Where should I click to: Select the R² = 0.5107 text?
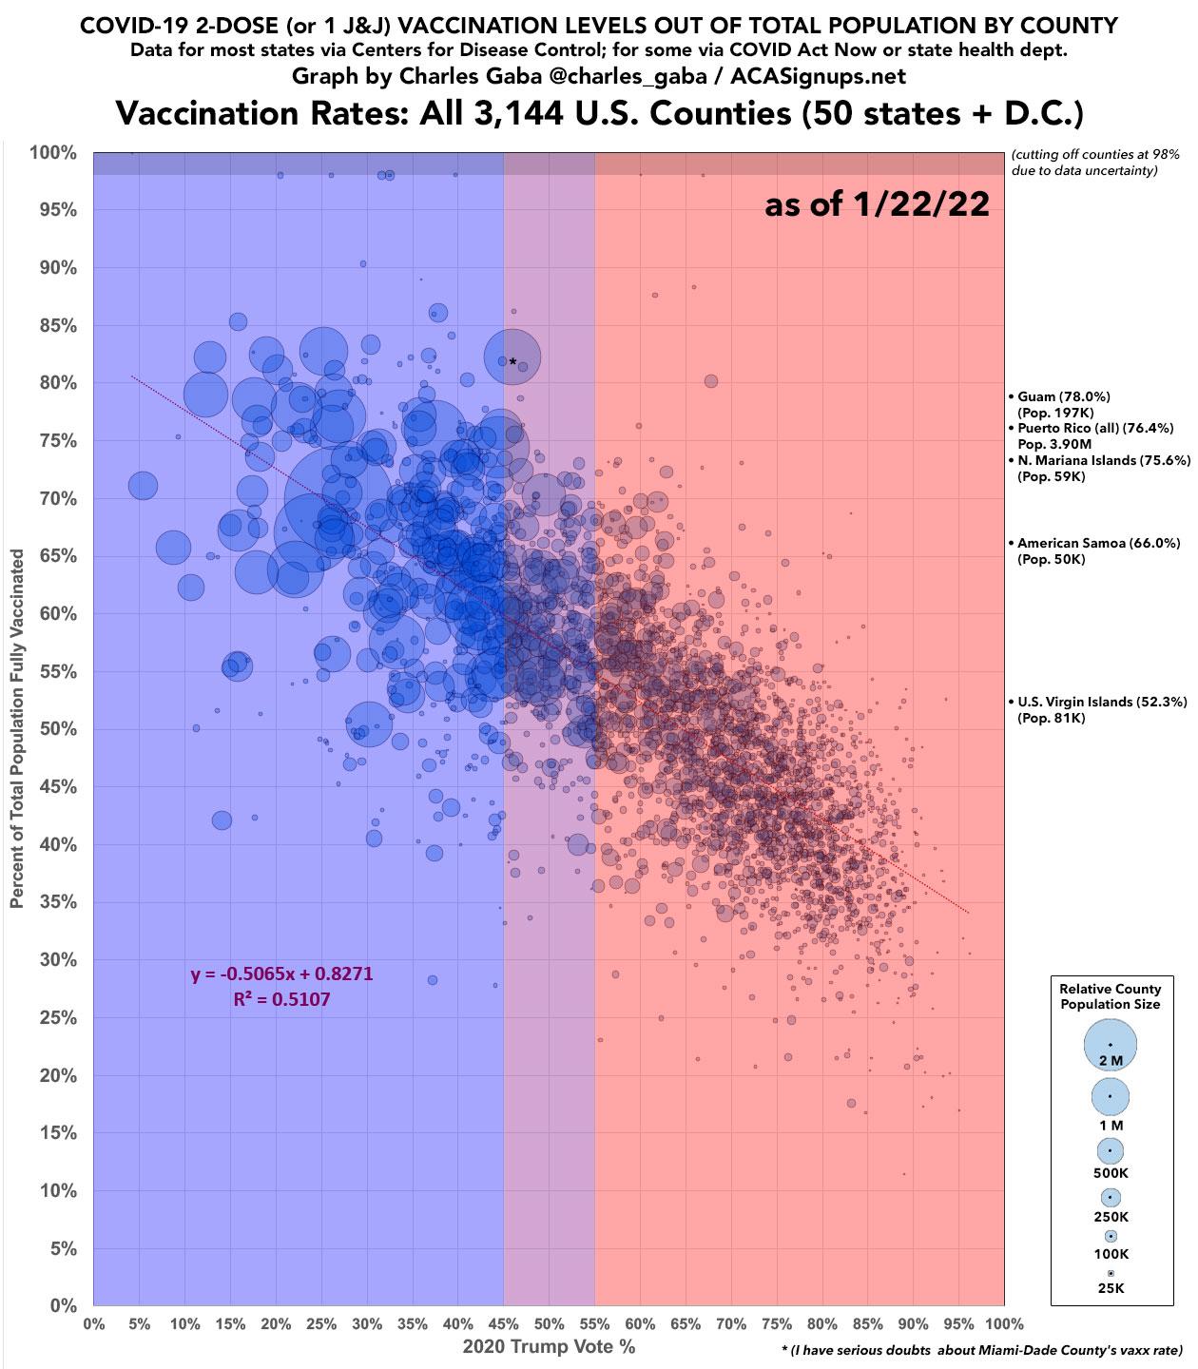tap(281, 999)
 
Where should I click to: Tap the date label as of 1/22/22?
tap(877, 203)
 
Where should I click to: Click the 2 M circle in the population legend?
tap(1111, 1045)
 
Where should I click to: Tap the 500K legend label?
tap(1111, 1173)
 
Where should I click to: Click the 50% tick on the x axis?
tap(549, 1323)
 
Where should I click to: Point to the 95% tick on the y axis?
tap(58, 210)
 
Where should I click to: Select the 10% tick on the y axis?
tap(58, 1191)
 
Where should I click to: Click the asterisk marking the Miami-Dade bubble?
tap(512, 362)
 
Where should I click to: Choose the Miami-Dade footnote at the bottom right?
tap(980, 1350)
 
